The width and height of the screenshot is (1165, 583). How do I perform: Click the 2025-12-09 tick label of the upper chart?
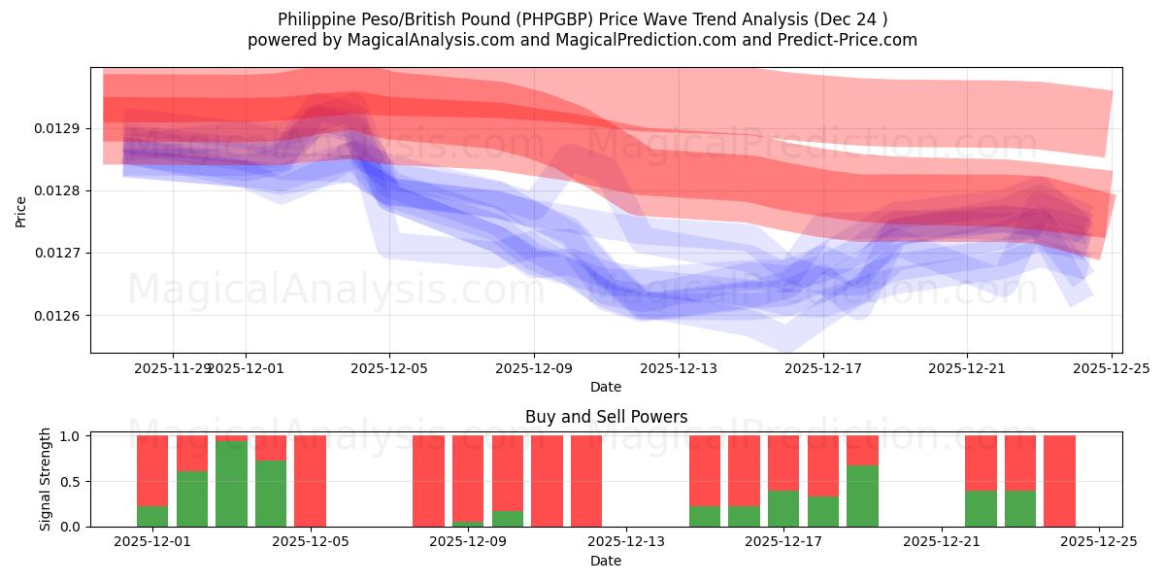point(534,368)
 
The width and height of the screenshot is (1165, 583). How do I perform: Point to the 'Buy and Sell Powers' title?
point(606,417)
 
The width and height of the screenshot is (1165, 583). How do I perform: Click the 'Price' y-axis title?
point(21,211)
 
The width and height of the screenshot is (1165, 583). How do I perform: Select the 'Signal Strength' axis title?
point(46,480)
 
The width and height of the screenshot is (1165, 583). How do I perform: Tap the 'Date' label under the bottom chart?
point(606,561)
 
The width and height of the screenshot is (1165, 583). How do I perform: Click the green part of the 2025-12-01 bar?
point(152,516)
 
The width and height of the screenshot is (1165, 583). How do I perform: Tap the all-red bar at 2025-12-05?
point(311,481)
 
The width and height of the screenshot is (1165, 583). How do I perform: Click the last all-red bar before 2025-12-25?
point(1059,481)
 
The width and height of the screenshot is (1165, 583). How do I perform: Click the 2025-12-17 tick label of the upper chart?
point(822,368)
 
